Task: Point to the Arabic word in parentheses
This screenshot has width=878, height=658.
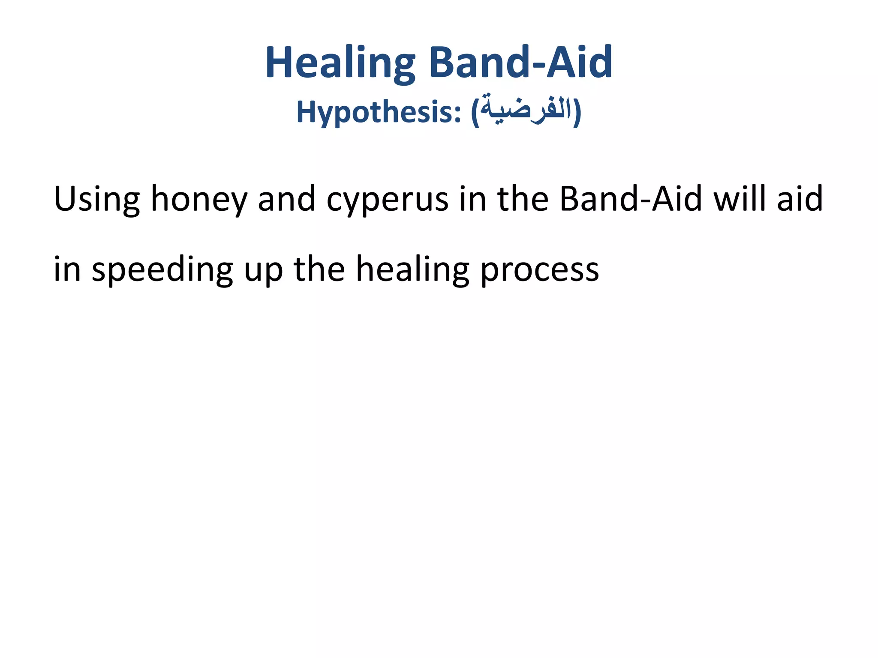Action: coord(526,110)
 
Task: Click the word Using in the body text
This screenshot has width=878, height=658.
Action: coord(96,200)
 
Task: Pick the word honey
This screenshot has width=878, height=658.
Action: coord(199,200)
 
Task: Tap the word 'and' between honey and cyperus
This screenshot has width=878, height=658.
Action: coord(286,199)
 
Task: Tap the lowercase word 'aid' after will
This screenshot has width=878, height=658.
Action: coord(800,199)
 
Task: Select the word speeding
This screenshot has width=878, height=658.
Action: coord(162,270)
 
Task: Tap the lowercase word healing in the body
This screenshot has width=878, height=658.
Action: coord(412,270)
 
